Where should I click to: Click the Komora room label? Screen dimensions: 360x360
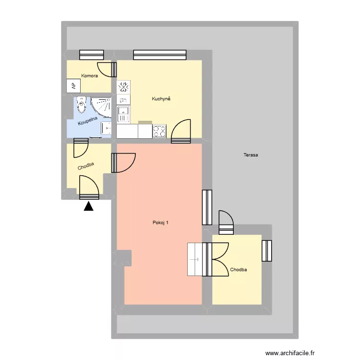pos(90,76)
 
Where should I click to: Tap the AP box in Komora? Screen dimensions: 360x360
pos(73,86)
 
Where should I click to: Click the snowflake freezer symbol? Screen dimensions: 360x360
pos(124,87)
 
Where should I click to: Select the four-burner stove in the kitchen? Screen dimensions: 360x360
pos(159,131)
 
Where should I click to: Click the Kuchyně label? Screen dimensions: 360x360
pos(161,99)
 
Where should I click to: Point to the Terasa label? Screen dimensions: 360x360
pos(251,155)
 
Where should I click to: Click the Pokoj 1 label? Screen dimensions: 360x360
pos(160,222)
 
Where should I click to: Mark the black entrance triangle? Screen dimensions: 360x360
pos(89,207)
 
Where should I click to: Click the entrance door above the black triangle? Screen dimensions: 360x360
pos(89,188)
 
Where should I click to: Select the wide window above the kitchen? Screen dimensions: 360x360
pos(159,55)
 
